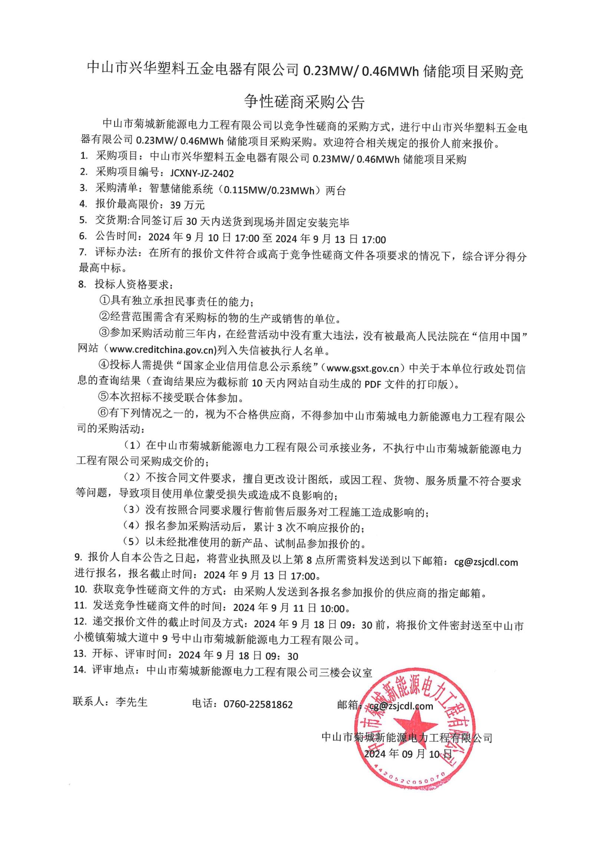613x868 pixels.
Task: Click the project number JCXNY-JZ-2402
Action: (x=202, y=173)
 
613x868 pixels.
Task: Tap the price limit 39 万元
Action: (x=187, y=205)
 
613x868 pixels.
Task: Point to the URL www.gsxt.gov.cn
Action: (x=363, y=368)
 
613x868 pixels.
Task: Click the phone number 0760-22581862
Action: (x=258, y=704)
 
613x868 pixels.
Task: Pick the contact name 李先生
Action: (x=131, y=702)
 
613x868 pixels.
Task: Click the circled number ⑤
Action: (x=103, y=397)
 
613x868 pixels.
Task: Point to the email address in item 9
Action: (x=486, y=562)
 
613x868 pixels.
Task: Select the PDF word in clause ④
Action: (x=372, y=384)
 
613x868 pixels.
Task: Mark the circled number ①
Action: (x=104, y=301)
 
